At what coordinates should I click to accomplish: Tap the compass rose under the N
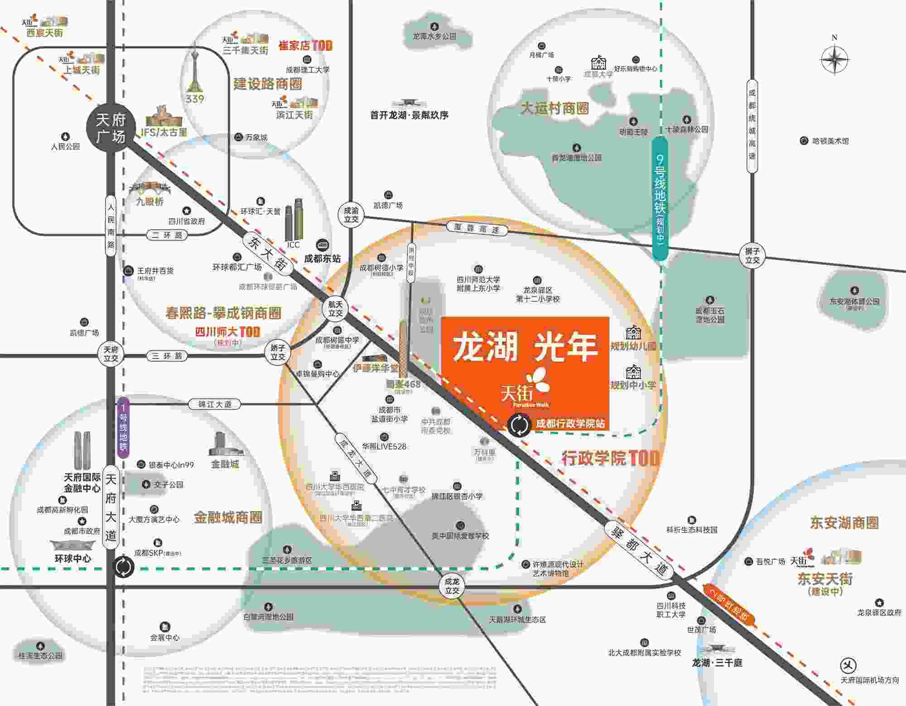click(x=834, y=60)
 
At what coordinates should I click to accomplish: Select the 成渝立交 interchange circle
click(x=351, y=215)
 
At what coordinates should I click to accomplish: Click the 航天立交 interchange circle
click(x=336, y=309)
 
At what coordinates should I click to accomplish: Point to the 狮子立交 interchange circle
click(x=752, y=256)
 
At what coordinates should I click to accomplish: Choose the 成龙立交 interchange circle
click(x=452, y=586)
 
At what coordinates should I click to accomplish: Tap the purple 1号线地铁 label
click(x=123, y=427)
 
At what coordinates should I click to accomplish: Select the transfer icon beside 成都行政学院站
click(x=519, y=426)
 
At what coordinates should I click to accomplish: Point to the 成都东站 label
click(x=323, y=259)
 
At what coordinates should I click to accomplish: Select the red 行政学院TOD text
click(x=610, y=458)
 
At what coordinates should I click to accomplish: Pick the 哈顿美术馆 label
click(x=830, y=141)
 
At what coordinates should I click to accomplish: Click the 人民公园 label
click(x=65, y=146)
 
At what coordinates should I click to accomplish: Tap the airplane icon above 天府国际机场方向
click(x=848, y=665)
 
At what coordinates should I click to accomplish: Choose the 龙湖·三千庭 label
click(x=717, y=662)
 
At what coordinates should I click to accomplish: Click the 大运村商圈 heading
click(x=555, y=108)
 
